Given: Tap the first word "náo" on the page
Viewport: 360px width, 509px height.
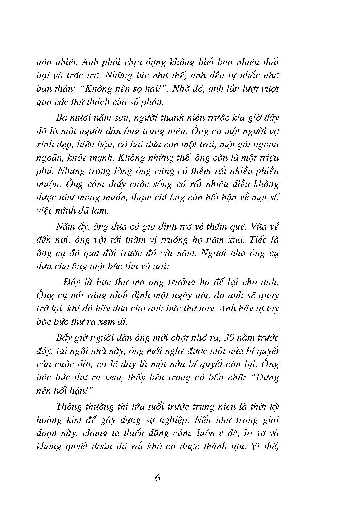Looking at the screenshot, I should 44,62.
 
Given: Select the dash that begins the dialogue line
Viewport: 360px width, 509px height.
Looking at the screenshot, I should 58,282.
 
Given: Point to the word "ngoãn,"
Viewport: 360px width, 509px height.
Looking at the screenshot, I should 49,158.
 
